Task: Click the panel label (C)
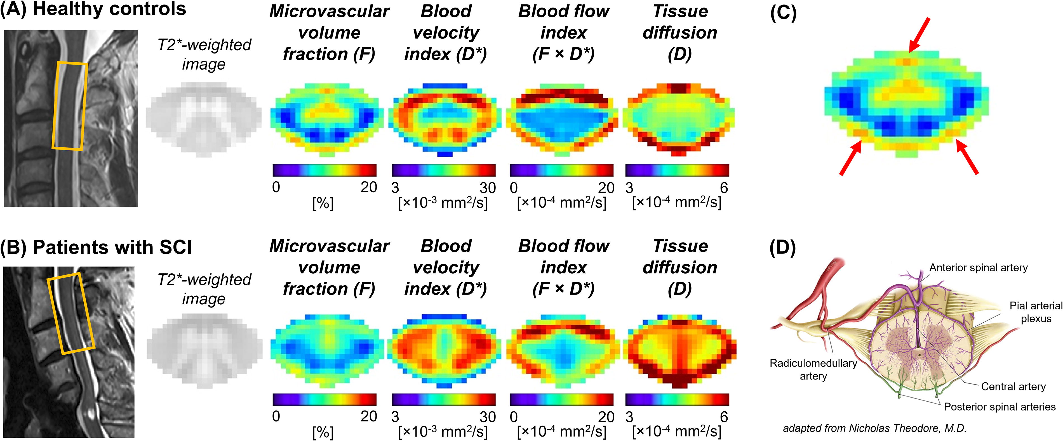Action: pyautogui.click(x=783, y=14)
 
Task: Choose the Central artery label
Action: pyautogui.click(x=1013, y=387)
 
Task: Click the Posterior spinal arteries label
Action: pyautogui.click(x=999, y=407)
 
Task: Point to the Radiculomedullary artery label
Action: pyautogui.click(x=813, y=369)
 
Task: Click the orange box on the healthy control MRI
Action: pyautogui.click(x=70, y=106)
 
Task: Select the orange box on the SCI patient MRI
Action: pyautogui.click(x=70, y=313)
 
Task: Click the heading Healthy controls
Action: pyautogui.click(x=109, y=9)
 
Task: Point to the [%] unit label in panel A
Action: pyautogui.click(x=323, y=203)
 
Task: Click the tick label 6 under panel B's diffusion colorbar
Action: pyautogui.click(x=724, y=417)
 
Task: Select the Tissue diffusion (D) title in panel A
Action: pyautogui.click(x=680, y=33)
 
